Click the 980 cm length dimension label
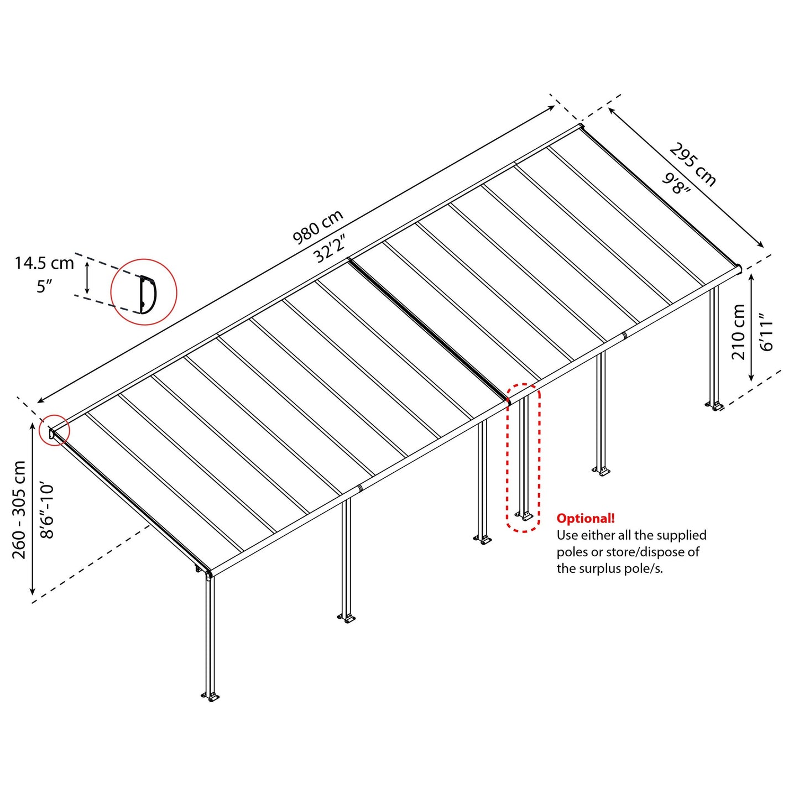click(318, 227)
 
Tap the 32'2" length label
click(330, 248)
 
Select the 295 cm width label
click(693, 165)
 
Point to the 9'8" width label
click(677, 184)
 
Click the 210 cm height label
click(739, 332)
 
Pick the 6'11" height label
click(766, 332)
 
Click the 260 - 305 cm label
click(19, 509)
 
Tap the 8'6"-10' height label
click(48, 510)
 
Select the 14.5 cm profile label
click(44, 263)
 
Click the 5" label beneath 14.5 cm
click(44, 286)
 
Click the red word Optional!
click(586, 519)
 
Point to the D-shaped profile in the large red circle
click(147, 294)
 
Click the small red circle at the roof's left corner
click(54, 430)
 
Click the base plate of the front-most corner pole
click(211, 697)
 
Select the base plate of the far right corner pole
click(714, 406)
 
